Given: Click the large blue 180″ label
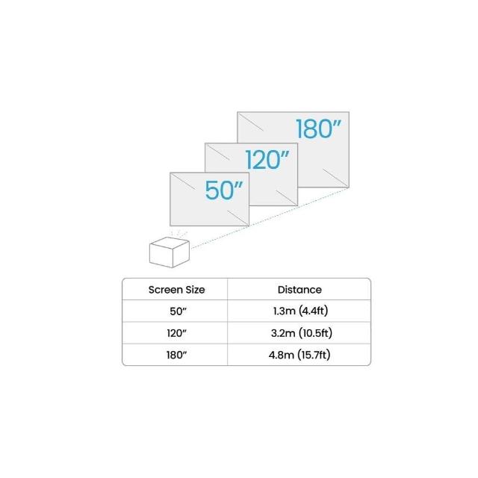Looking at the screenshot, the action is (318, 128).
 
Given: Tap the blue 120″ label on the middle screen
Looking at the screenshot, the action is (267, 159).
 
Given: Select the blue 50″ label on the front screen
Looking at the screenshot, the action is (224, 190).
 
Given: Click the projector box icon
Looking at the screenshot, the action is (170, 252).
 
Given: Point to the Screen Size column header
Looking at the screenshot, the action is (176, 290).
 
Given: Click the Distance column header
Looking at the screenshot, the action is (299, 290).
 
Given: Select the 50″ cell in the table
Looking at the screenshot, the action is (178, 311).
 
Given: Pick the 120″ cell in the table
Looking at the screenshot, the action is (176, 333).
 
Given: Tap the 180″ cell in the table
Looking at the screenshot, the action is (176, 355).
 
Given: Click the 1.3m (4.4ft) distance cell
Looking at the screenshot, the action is (300, 311).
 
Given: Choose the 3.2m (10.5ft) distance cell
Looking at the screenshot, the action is (302, 333).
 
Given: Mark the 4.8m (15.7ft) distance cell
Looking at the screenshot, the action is (299, 355).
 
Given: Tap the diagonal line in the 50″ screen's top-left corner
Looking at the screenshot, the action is (183, 181).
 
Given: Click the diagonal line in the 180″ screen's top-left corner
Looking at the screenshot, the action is (251, 122).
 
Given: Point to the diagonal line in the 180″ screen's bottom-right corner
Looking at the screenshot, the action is (335, 178).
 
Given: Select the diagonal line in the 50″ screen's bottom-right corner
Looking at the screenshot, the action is (238, 218).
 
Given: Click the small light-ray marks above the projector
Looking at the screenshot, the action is (179, 234).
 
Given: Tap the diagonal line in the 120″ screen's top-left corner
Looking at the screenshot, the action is (217, 152).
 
